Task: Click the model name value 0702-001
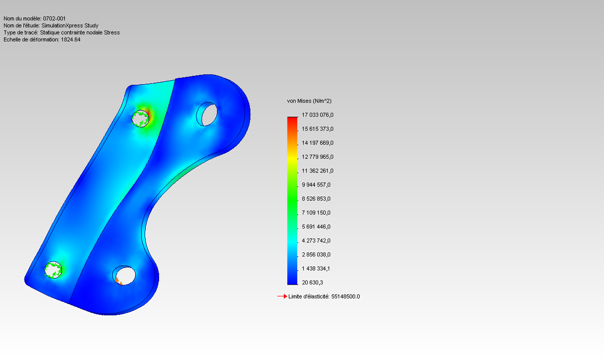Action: (x=54, y=19)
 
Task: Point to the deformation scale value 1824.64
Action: (x=71, y=40)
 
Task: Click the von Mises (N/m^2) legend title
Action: (x=309, y=101)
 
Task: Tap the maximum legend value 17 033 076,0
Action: (x=318, y=115)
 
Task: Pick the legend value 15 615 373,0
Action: (x=318, y=129)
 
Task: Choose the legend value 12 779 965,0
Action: (x=318, y=157)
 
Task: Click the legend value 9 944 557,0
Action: (x=316, y=185)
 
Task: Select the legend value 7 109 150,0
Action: (x=316, y=213)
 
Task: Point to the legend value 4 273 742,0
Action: (x=316, y=240)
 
